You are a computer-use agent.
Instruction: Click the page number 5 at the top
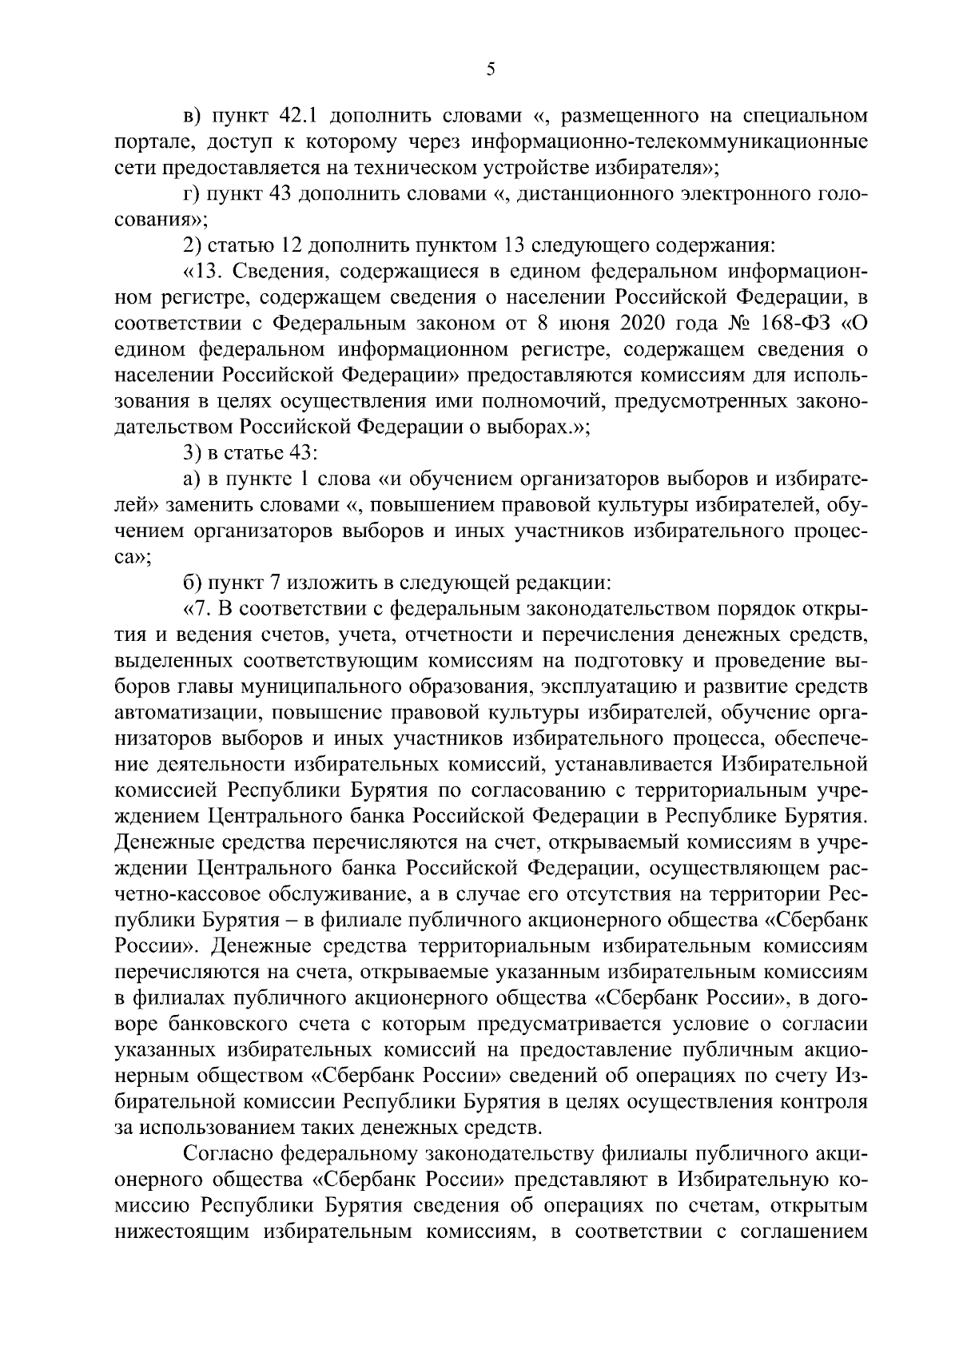tap(491, 70)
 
